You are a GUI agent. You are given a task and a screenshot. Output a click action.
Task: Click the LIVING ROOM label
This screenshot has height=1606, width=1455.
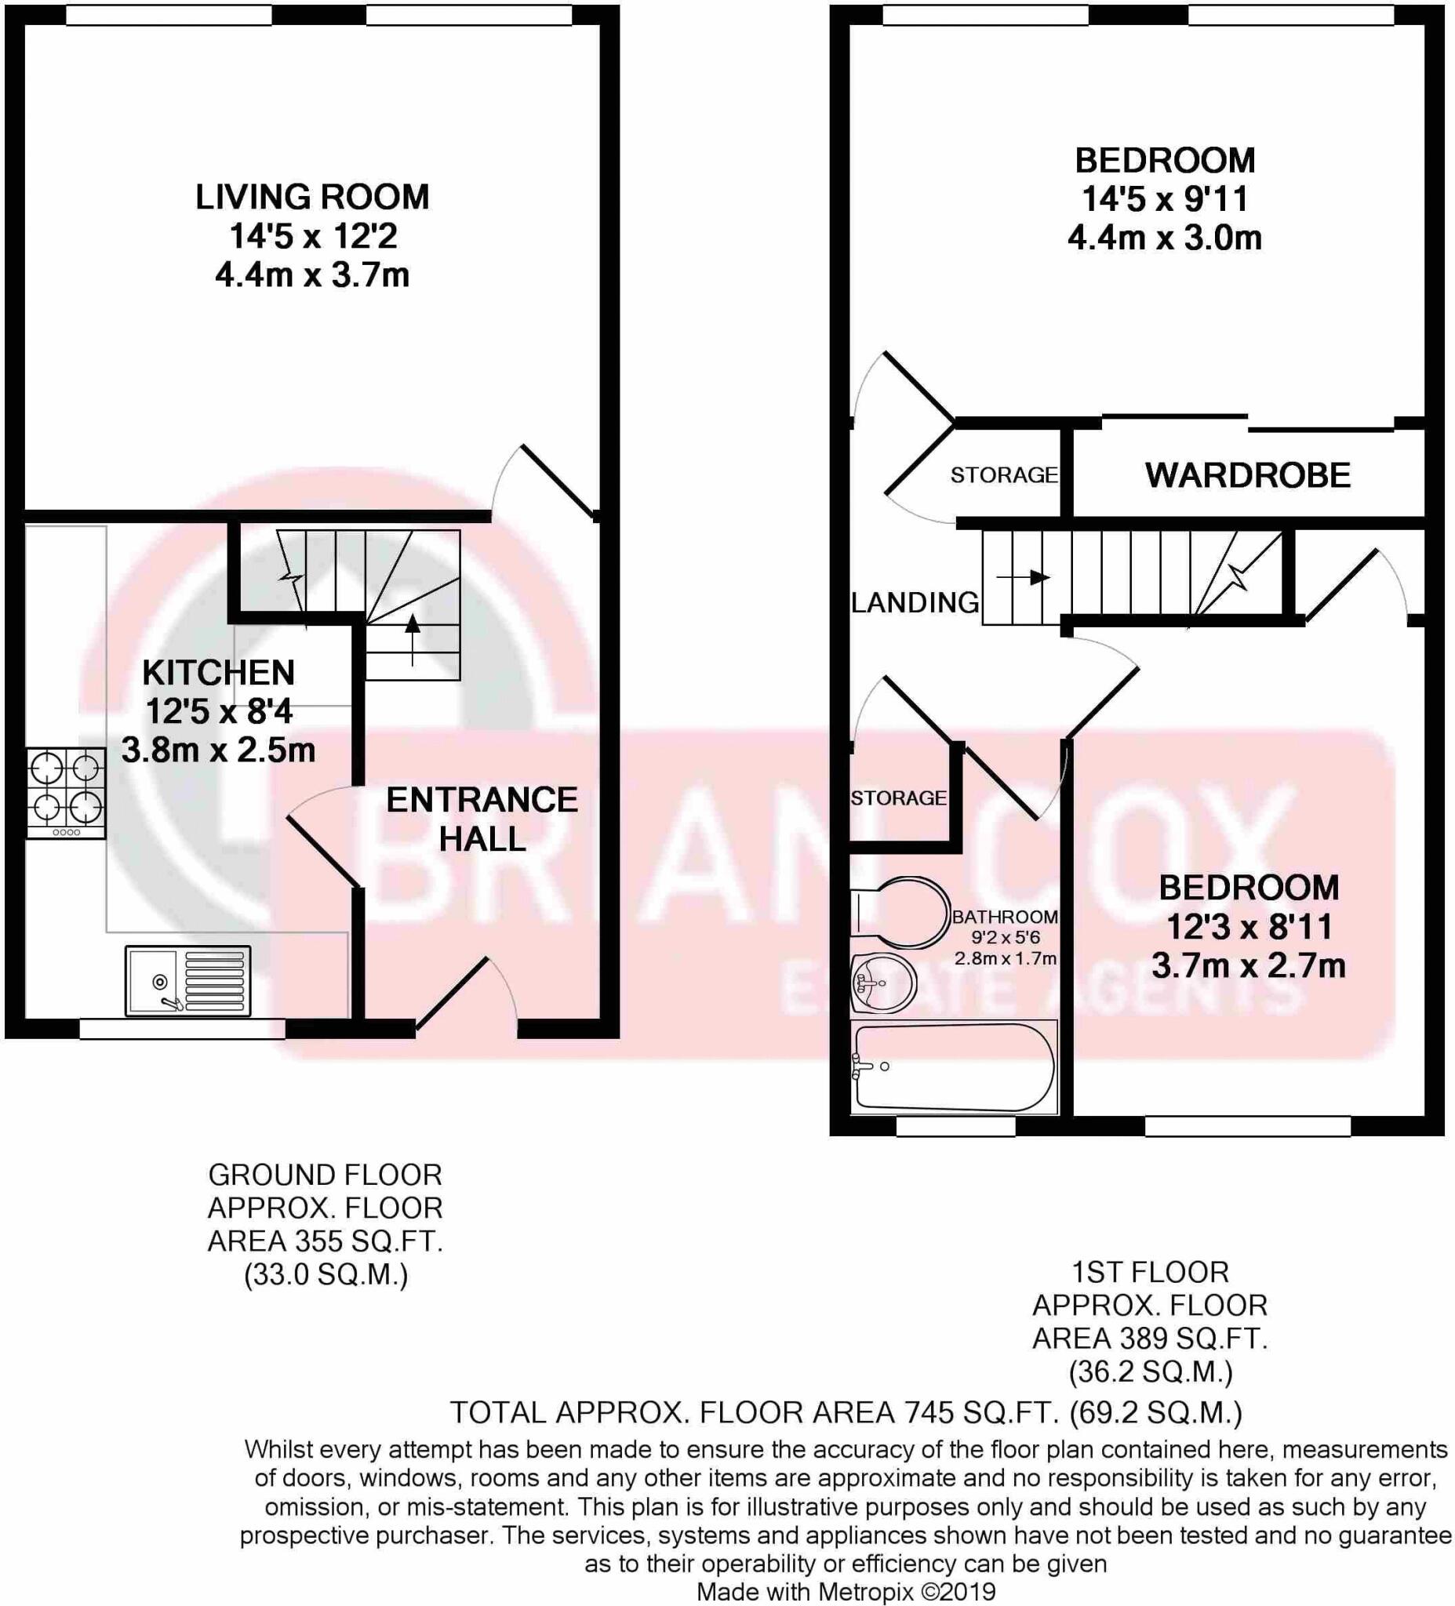pos(311,197)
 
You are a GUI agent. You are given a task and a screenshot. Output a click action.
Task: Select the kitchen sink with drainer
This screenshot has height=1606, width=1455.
pos(187,981)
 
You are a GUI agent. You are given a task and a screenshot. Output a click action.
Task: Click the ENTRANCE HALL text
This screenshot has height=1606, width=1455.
pos(482,819)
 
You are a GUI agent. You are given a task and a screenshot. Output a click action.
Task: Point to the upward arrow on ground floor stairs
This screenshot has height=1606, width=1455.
pos(412,638)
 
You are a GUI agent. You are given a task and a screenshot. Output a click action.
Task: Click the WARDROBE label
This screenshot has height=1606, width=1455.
pos(1247,475)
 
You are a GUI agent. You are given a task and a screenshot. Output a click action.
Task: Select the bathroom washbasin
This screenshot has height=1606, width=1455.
pos(883,983)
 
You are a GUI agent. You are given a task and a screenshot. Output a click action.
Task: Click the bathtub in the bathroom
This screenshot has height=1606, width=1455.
pos(953,1066)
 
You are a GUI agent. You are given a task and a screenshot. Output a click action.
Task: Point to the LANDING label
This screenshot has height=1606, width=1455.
pos(915,602)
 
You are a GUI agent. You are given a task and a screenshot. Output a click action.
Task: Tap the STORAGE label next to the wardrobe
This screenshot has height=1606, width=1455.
pos(1003,475)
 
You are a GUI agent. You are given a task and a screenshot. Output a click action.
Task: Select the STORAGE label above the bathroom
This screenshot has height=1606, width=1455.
pos(898,798)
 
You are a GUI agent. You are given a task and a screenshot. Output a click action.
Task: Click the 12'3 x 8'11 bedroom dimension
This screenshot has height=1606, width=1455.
pos(1249,926)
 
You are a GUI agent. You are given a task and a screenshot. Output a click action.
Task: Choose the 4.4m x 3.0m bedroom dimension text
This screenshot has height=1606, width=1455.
pos(1164,238)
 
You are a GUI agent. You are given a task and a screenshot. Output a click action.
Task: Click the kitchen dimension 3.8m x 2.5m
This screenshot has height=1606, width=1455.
pos(218,750)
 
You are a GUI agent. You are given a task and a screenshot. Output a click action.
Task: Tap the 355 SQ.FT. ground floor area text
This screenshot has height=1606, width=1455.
pos(325,1241)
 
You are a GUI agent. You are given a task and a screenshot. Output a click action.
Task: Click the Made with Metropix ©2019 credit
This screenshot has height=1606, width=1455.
pos(846,1592)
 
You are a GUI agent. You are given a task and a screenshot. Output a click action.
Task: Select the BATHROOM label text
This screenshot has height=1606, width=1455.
pos(1005,917)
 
